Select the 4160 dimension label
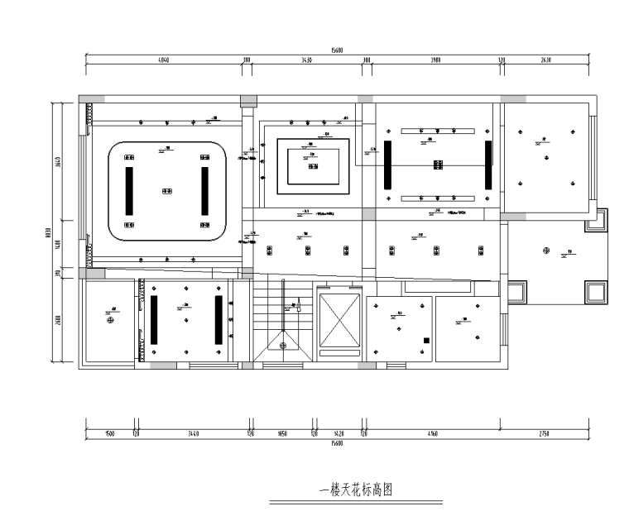point(431,433)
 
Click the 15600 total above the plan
point(337,50)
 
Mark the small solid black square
point(426,340)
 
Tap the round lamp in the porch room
point(545,251)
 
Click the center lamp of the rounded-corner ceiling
point(166,190)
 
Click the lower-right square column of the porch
point(594,290)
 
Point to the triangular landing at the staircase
point(284,347)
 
